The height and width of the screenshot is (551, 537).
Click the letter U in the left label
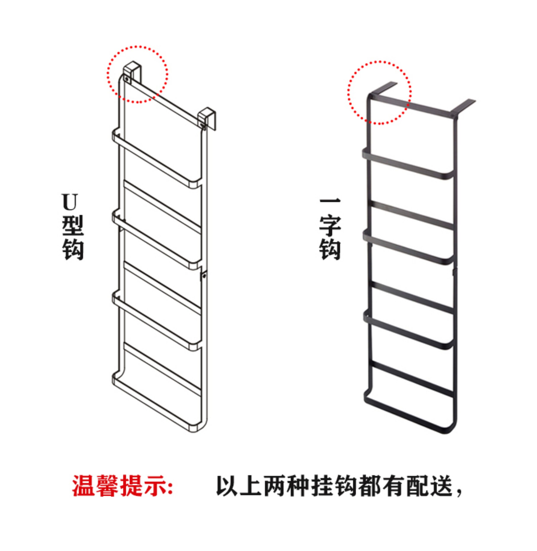coord(69,202)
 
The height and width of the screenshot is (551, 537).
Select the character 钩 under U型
coord(73,250)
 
